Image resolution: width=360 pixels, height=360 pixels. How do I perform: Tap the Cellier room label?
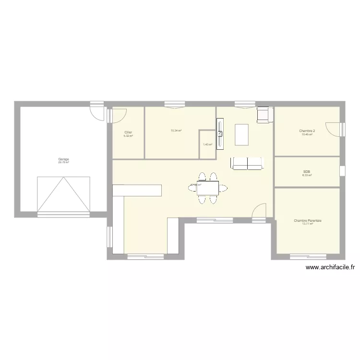click(128, 132)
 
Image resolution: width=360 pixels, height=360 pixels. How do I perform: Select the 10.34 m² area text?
click(176, 131)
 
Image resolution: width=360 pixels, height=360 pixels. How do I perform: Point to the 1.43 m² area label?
click(207, 144)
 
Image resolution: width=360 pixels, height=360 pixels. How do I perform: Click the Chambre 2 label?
click(307, 131)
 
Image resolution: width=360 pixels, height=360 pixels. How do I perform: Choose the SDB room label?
click(307, 172)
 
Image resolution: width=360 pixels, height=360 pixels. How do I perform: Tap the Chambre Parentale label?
click(308, 221)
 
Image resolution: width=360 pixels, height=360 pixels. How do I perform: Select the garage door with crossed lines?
click(63, 194)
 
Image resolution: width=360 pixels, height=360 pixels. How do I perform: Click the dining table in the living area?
click(208, 188)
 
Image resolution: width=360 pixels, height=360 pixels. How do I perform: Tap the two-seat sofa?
click(247, 163)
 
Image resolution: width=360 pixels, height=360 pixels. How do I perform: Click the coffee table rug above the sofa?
click(242, 134)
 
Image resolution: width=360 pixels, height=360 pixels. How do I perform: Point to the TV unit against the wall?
click(220, 134)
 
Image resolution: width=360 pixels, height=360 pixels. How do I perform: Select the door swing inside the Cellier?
click(119, 115)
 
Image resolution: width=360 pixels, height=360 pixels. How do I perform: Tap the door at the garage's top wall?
click(97, 111)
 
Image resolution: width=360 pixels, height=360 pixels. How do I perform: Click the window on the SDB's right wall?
click(342, 171)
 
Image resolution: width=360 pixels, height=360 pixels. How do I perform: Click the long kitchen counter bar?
click(137, 190)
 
